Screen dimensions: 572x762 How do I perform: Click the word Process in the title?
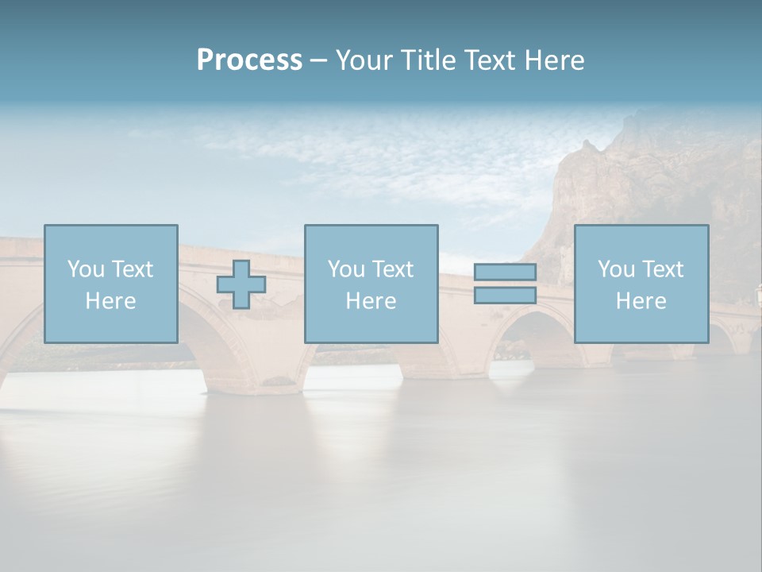point(249,60)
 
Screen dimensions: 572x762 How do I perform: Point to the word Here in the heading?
point(555,60)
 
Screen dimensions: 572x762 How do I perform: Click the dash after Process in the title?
point(318,61)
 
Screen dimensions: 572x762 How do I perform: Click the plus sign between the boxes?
point(241,284)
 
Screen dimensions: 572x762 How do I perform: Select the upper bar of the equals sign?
point(505,272)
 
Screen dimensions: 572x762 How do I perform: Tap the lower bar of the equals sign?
point(505,296)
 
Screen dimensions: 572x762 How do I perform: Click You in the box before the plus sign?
point(85,269)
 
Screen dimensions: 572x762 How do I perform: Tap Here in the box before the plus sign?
point(110,301)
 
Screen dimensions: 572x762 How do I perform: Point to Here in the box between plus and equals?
point(371,301)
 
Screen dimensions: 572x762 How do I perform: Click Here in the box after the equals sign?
point(641,301)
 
